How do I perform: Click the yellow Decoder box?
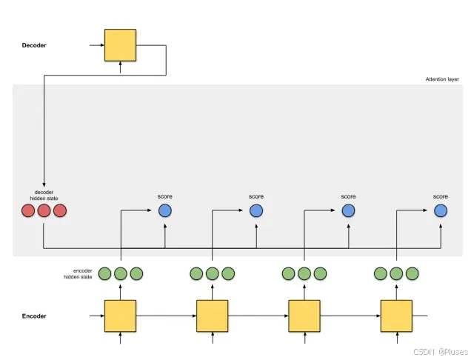(120, 44)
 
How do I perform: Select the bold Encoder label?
(34, 316)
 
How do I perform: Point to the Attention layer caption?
(443, 79)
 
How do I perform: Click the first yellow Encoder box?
(120, 316)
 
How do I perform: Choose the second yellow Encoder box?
(212, 316)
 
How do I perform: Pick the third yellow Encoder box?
(304, 316)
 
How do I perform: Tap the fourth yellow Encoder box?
(395, 316)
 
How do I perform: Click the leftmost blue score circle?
(164, 210)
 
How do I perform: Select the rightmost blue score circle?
(441, 210)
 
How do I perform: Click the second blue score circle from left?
(256, 210)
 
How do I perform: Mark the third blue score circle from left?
(349, 210)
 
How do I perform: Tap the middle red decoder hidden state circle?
(44, 210)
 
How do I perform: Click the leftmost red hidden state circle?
(28, 210)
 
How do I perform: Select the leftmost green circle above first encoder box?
(104, 273)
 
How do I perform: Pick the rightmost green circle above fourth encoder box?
(412, 273)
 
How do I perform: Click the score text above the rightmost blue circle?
(441, 196)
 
